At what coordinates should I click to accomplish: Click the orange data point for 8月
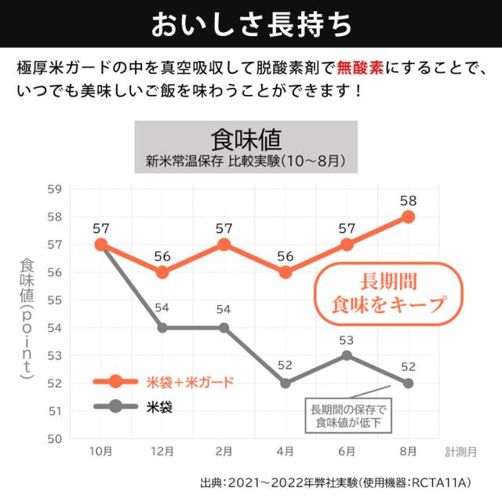[408, 216]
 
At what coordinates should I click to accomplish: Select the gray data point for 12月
[162, 328]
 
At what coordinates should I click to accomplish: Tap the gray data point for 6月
[347, 355]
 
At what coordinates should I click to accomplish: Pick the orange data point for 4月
[286, 272]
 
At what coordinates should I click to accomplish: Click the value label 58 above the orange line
[408, 200]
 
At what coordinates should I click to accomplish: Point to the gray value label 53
[347, 339]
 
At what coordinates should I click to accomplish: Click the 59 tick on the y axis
[54, 189]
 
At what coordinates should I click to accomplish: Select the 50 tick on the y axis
[54, 438]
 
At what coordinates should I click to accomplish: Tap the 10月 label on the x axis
[100, 452]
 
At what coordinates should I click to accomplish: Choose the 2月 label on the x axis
[224, 452]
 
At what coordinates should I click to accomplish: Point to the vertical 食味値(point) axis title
[27, 322]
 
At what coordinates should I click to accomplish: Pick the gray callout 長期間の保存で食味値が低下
[349, 416]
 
